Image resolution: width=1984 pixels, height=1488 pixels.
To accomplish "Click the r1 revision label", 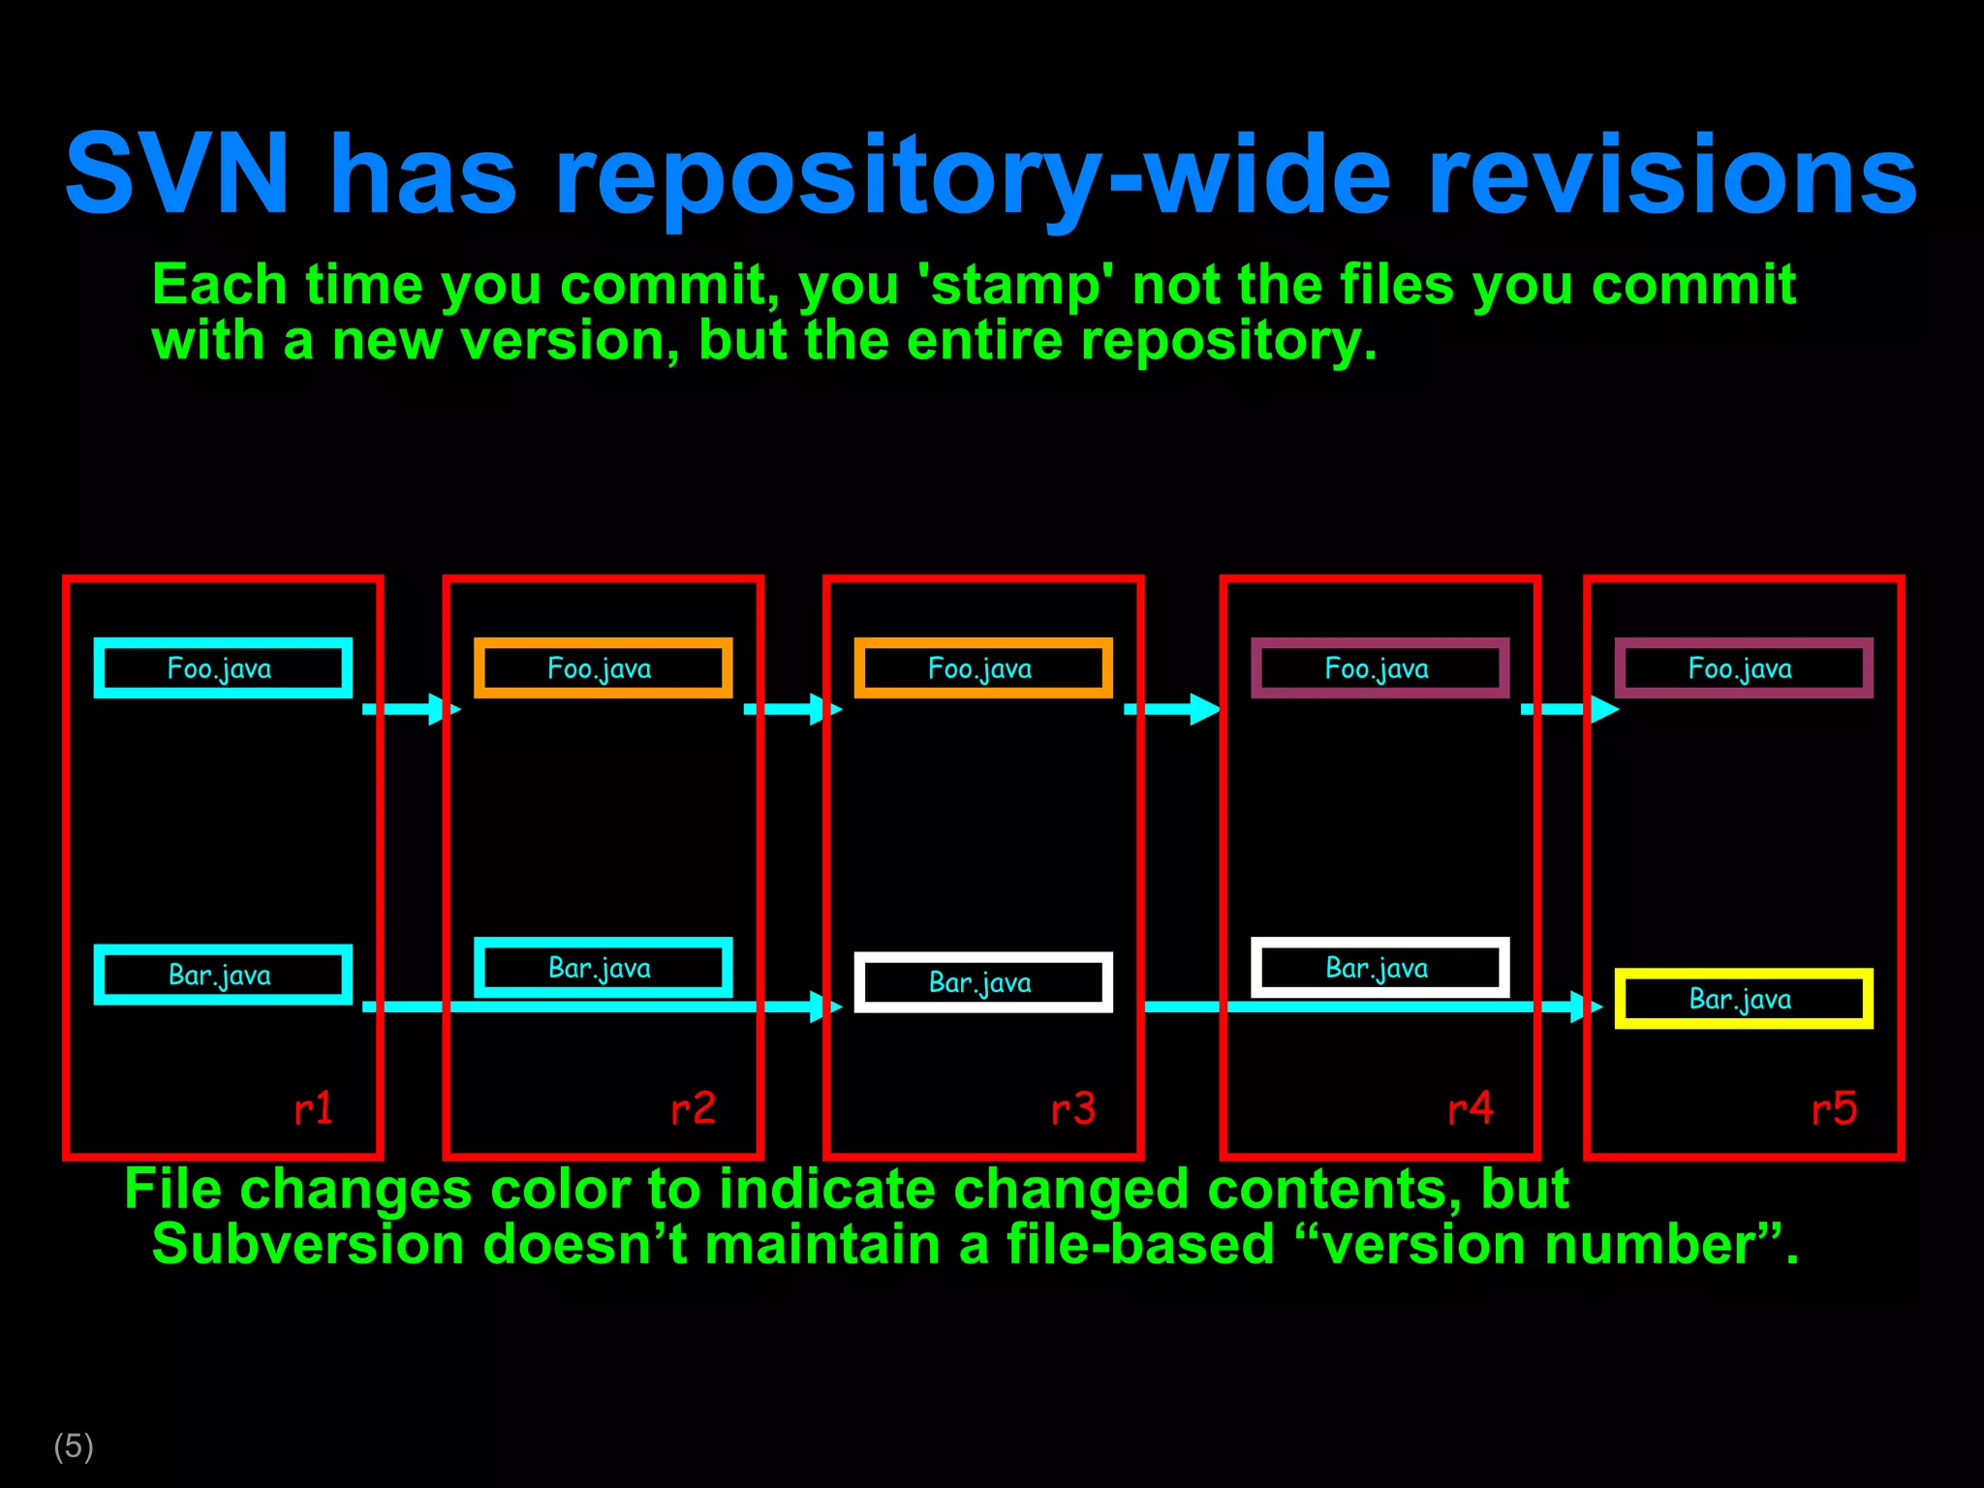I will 313,1108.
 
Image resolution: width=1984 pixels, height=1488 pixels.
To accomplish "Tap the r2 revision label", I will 693,1108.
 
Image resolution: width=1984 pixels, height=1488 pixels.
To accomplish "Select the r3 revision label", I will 1073,1108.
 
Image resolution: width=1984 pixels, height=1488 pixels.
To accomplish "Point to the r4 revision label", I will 1471,1108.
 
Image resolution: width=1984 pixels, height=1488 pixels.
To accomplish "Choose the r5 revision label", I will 1834,1108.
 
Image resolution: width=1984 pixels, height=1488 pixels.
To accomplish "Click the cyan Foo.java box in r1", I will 223,668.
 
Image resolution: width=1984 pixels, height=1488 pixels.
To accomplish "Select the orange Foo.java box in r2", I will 603,668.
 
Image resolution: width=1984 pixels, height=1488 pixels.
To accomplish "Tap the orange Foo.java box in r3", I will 983,668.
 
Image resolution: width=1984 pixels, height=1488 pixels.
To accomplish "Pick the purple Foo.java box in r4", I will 1379,668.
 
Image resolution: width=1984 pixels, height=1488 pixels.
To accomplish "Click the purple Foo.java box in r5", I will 1744,668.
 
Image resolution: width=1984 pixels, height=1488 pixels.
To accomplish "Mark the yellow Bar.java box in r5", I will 1744,999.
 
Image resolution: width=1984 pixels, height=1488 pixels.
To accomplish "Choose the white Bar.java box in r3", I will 983,982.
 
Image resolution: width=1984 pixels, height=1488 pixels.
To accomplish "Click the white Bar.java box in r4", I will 1379,968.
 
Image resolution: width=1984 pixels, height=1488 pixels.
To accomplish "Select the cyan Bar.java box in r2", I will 603,968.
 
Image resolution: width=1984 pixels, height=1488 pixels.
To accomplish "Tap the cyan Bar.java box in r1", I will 223,975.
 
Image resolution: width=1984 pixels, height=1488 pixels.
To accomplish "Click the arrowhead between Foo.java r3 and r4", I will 1204,709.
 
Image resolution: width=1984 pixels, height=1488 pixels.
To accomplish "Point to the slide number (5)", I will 74,1446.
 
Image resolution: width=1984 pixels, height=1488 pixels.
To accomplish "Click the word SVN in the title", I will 177,174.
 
